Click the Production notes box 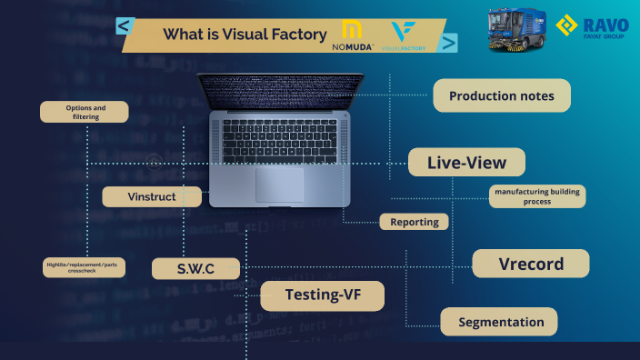click(501, 95)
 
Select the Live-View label click(466, 162)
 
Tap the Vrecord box click(531, 264)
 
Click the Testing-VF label click(322, 295)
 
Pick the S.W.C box click(195, 268)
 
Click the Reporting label click(414, 221)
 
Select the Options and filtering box click(85, 112)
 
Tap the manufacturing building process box click(537, 195)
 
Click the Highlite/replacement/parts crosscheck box click(83, 267)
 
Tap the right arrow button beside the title click(447, 42)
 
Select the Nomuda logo click(349, 35)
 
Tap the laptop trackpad click(280, 185)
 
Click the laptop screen click(280, 91)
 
